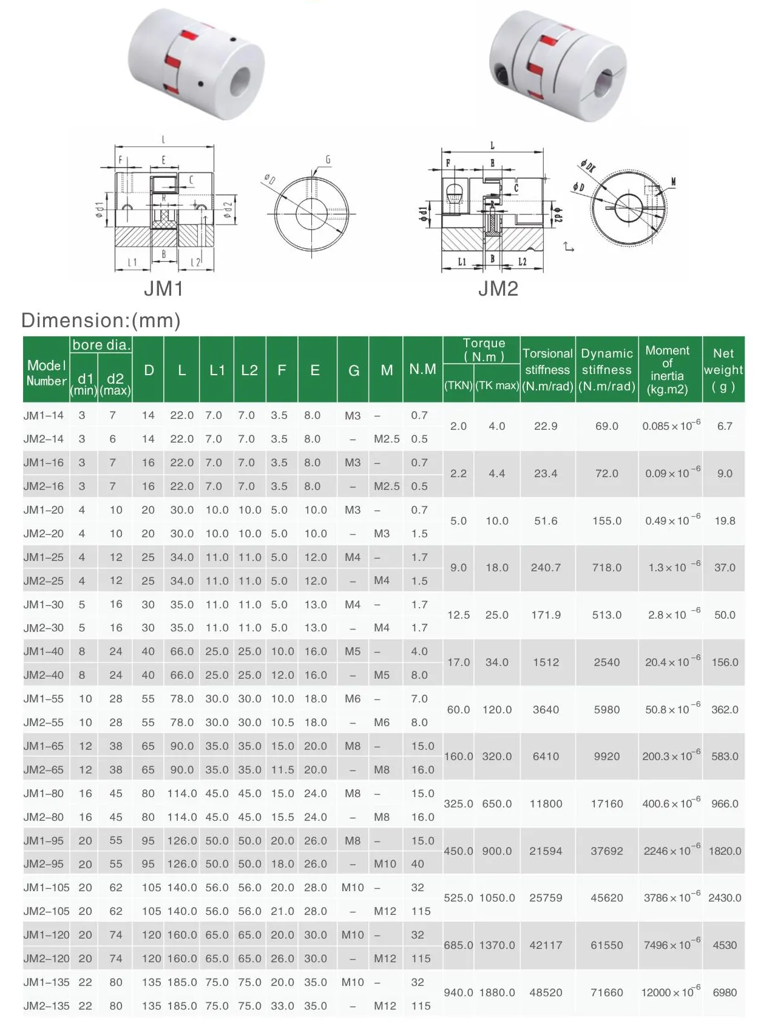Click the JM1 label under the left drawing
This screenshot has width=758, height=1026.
[163, 288]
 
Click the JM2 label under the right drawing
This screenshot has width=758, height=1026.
[498, 288]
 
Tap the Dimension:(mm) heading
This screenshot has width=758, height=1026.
[101, 320]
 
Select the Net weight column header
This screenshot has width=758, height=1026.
[723, 369]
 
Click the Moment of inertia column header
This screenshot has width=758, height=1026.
[667, 369]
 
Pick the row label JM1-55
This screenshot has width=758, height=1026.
[44, 699]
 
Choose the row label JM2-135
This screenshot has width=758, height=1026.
[47, 1006]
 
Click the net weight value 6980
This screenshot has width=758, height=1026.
[725, 993]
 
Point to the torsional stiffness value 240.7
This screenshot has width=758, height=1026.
[546, 568]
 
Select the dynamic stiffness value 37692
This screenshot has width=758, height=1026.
[607, 851]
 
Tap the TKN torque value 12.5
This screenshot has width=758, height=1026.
[458, 615]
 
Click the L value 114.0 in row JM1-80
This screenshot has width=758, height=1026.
[182, 793]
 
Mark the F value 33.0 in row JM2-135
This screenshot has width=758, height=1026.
[282, 1006]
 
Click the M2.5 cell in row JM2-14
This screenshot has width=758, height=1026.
[387, 439]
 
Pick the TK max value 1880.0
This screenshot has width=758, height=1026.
[496, 993]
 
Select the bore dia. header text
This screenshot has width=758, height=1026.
[101, 345]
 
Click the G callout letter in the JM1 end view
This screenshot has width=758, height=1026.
[328, 160]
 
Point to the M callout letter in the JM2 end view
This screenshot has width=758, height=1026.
[673, 182]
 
